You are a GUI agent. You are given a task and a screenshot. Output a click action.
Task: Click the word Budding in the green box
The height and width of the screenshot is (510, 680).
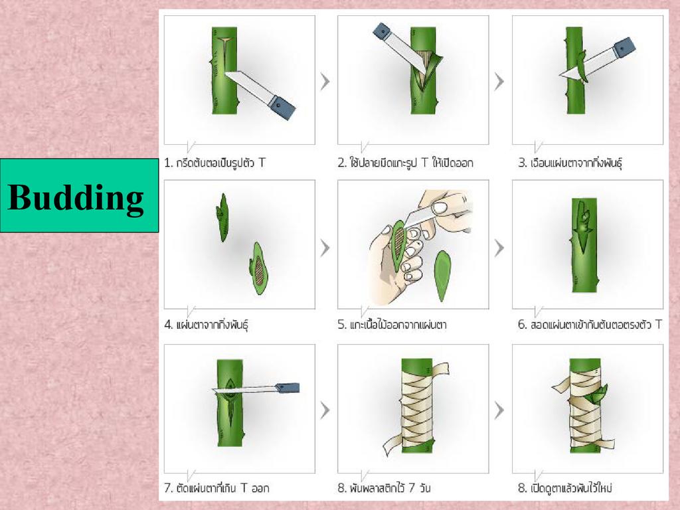76,197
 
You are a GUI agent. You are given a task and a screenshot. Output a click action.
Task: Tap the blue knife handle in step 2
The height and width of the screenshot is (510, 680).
382,32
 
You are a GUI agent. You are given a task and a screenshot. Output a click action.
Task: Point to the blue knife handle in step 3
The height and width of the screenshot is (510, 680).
624,47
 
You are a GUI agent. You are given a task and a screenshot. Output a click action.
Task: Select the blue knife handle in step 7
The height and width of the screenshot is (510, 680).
288,388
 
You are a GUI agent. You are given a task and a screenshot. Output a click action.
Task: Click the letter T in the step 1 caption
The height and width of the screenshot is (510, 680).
262,163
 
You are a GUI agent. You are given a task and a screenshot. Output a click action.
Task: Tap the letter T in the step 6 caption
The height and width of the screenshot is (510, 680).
659,324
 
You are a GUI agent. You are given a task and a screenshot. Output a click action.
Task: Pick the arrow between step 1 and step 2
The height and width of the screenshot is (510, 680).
325,82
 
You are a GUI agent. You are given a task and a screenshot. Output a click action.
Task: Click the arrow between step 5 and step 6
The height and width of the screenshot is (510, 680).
499,248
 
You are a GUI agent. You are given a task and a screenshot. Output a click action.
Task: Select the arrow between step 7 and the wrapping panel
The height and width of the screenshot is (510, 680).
325,410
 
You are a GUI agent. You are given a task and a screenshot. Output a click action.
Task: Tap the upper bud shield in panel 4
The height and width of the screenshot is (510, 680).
222,217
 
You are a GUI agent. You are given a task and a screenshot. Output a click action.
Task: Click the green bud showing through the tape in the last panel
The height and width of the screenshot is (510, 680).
596,397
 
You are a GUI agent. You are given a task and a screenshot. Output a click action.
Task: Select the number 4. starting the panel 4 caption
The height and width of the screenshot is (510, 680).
169,324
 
